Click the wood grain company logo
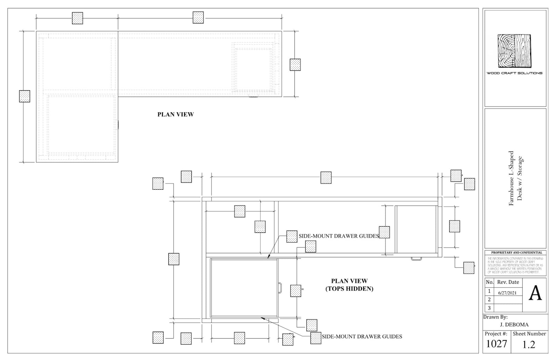pyautogui.click(x=514, y=51)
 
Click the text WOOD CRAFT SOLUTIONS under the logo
pyautogui.click(x=514, y=73)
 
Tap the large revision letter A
pyautogui.click(x=535, y=293)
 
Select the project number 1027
pyautogui.click(x=496, y=344)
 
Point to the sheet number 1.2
pyautogui.click(x=529, y=345)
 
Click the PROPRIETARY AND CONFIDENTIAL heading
pyautogui.click(x=516, y=252)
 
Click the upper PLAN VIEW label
pyautogui.click(x=175, y=115)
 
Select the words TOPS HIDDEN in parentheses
pyautogui.click(x=349, y=289)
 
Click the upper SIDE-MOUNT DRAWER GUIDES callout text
pyautogui.click(x=339, y=236)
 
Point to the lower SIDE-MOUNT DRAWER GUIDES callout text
pyautogui.click(x=362, y=337)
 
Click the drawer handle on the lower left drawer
pyautogui.click(x=280, y=288)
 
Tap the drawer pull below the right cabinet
pyautogui.click(x=416, y=259)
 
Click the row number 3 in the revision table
pyautogui.click(x=489, y=308)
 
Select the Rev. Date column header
pyautogui.click(x=508, y=282)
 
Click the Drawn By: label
pyautogui.click(x=495, y=317)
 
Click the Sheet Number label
pyautogui.click(x=529, y=334)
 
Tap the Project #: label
pyautogui.click(x=496, y=334)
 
